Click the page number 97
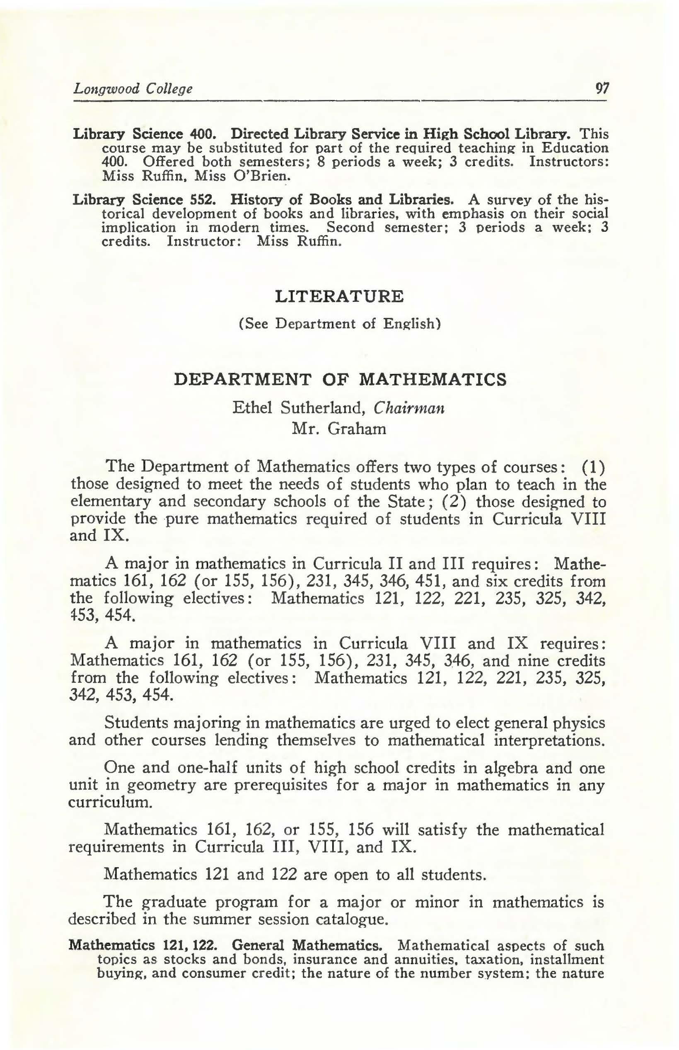[x=602, y=89]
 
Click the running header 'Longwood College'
[x=133, y=89]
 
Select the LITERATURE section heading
[x=339, y=296]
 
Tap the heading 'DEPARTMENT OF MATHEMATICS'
[x=340, y=379]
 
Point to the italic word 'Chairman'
[x=409, y=407]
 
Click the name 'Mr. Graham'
[x=339, y=428]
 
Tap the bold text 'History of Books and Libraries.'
[x=342, y=200]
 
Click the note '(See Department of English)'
[x=340, y=324]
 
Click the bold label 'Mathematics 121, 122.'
[x=143, y=946]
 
